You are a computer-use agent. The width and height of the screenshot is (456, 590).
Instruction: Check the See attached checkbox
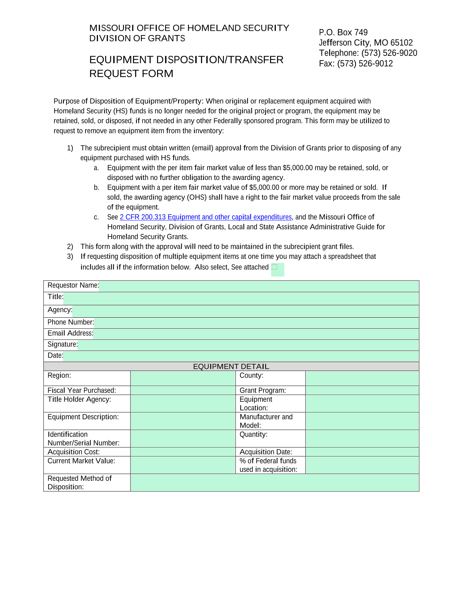click(x=275, y=267)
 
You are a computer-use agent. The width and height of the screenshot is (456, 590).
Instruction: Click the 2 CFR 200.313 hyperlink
click(x=206, y=217)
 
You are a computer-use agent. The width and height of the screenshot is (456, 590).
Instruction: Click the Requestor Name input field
click(x=259, y=286)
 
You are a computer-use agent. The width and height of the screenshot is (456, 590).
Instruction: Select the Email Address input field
click(x=256, y=334)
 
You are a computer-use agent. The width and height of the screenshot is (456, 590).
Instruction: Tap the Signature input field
click(x=248, y=345)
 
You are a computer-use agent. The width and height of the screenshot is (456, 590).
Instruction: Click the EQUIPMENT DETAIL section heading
click(x=231, y=366)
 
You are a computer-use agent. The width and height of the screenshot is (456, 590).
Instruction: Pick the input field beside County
click(x=362, y=378)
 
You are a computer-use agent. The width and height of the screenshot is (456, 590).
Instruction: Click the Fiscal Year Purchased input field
click(x=183, y=390)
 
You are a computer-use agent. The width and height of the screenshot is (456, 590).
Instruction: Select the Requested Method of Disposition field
click(x=274, y=483)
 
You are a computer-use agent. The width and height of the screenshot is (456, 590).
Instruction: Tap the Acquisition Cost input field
click(x=183, y=452)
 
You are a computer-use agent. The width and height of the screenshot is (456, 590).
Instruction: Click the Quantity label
click(x=253, y=435)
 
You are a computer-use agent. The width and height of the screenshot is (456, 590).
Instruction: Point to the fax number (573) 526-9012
click(x=365, y=64)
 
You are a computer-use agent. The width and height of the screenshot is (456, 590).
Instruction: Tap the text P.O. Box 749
click(x=343, y=33)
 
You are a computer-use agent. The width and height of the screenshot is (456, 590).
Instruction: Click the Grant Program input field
click(x=362, y=390)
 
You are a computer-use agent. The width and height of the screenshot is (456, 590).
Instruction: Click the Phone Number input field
click(x=256, y=323)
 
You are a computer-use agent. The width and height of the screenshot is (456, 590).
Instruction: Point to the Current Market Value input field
click(x=183, y=465)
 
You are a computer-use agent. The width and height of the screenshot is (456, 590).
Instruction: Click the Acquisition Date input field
click(x=362, y=452)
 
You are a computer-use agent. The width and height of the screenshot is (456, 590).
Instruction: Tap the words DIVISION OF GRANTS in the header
click(x=137, y=38)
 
